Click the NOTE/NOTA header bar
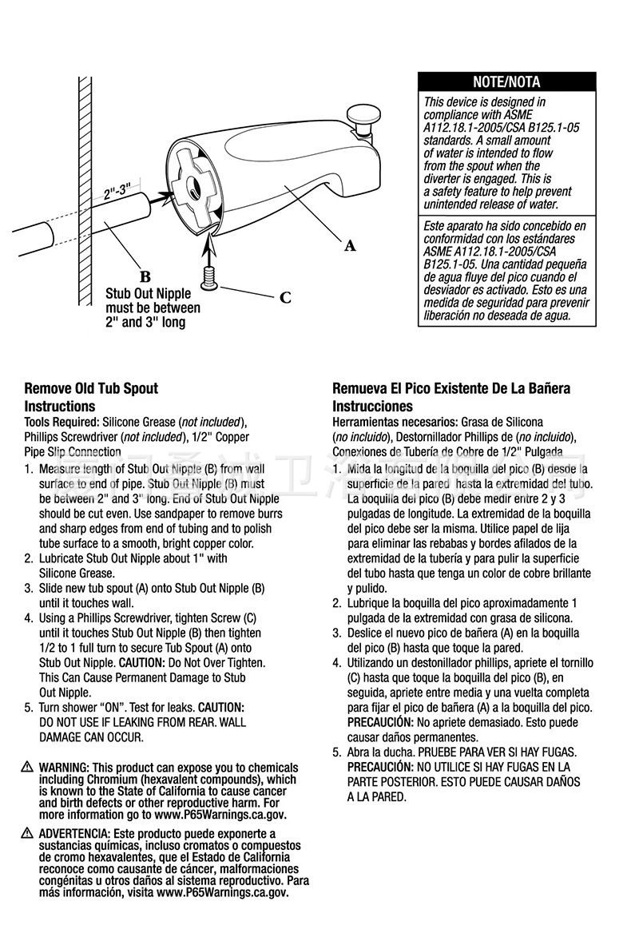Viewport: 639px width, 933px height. coord(506,81)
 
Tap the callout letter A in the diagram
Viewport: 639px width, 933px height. coord(349,246)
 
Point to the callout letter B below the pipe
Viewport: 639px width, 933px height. coord(145,277)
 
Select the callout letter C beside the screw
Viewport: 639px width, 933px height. coord(285,298)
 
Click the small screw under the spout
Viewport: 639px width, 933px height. coord(211,276)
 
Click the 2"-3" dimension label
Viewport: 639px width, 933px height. coord(117,192)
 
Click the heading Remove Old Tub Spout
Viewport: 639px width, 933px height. coord(91,388)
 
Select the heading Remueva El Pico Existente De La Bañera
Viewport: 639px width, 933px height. coord(451,388)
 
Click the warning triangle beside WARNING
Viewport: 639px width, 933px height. coord(30,767)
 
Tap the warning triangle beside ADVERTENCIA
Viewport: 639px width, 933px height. coord(30,834)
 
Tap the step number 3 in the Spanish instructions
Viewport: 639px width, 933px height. coord(336,633)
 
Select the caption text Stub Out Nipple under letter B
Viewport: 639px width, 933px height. coord(149,294)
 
